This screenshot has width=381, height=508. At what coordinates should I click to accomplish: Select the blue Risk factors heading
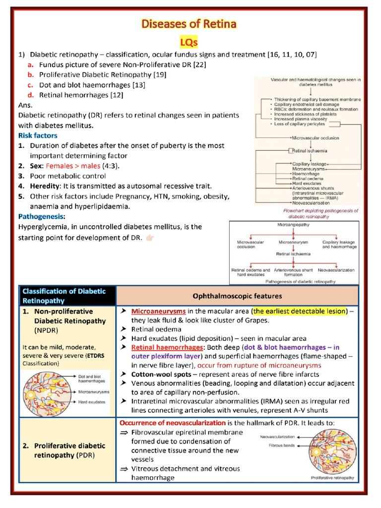click(x=38, y=135)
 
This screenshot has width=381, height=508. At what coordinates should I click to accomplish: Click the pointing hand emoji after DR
click(x=149, y=238)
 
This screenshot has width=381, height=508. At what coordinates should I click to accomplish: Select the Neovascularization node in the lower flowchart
click(x=336, y=270)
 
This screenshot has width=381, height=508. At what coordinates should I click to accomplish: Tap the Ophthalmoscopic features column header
click(x=237, y=296)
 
